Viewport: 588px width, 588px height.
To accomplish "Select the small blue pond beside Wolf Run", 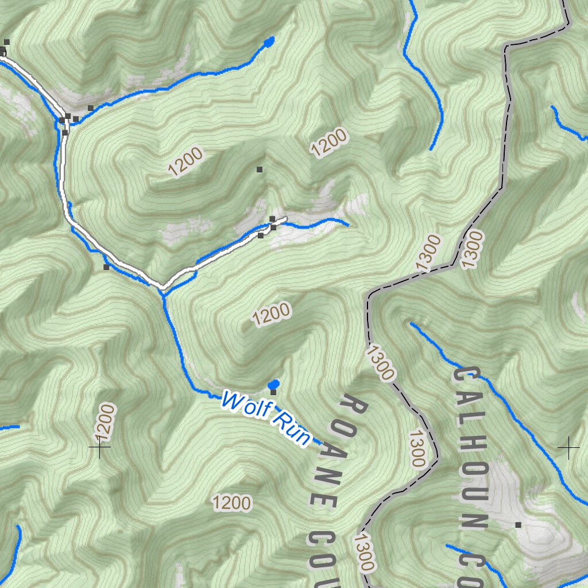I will (x=274, y=384).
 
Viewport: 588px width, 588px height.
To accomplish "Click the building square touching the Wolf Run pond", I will (x=273, y=392).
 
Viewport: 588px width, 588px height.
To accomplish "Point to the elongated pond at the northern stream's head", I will (x=268, y=41).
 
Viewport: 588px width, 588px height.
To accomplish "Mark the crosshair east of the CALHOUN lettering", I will (x=568, y=447).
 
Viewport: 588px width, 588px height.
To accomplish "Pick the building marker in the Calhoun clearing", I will (x=518, y=525).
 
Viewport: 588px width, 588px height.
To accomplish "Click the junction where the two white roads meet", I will (x=162, y=285).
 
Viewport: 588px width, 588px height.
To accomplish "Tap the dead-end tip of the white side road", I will (x=285, y=219).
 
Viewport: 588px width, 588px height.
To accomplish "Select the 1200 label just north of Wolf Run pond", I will (x=271, y=315).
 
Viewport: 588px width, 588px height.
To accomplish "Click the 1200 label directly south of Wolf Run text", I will (x=232, y=503).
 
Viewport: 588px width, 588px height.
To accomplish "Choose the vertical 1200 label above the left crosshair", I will (x=107, y=422).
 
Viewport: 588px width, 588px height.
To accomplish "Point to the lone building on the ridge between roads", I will (x=260, y=169).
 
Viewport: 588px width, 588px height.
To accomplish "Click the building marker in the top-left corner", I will (x=7, y=42).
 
